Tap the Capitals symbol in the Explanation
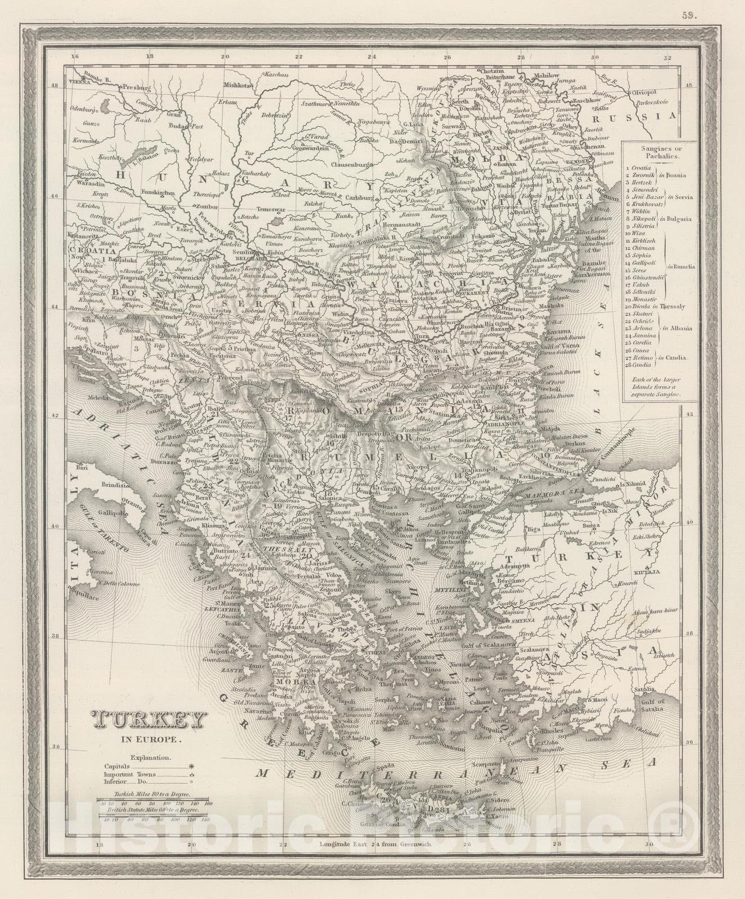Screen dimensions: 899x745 pos(192,765)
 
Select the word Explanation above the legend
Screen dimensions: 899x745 pos(148,757)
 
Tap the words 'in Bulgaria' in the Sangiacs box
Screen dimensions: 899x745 pos(678,218)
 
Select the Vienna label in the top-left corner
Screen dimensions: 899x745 pos(78,82)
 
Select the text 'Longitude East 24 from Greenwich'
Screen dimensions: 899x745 pos(376,844)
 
